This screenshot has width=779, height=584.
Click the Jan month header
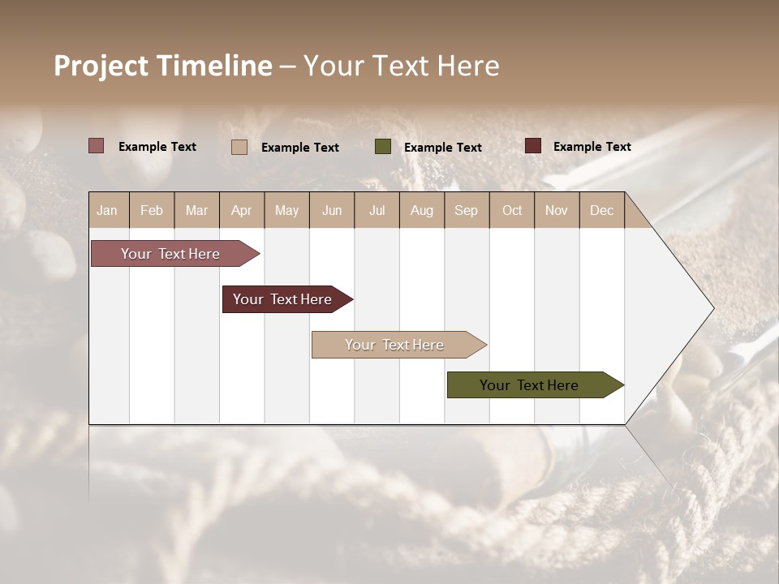coord(108,210)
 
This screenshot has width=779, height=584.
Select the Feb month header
coord(152,210)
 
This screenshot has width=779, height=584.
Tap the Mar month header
coord(196,210)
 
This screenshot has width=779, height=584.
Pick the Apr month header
coord(242,210)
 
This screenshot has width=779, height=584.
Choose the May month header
coord(286,210)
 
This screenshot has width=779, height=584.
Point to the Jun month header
coord(332,210)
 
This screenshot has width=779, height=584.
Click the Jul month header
coord(377,210)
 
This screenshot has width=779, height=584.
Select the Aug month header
coord(422,210)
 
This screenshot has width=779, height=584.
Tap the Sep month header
coord(467,210)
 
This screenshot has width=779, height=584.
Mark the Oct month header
coord(512,210)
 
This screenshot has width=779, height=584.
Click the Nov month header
coord(557,210)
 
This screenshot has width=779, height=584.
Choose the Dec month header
coord(602,210)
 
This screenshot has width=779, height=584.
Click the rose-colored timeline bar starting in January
coord(171,254)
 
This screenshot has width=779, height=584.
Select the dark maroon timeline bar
coord(283,299)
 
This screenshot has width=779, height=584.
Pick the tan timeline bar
coord(395,345)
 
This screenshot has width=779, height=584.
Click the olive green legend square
coord(383,147)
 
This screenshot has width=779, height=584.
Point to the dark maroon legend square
coord(533,146)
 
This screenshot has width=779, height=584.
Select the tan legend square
coord(239,147)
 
